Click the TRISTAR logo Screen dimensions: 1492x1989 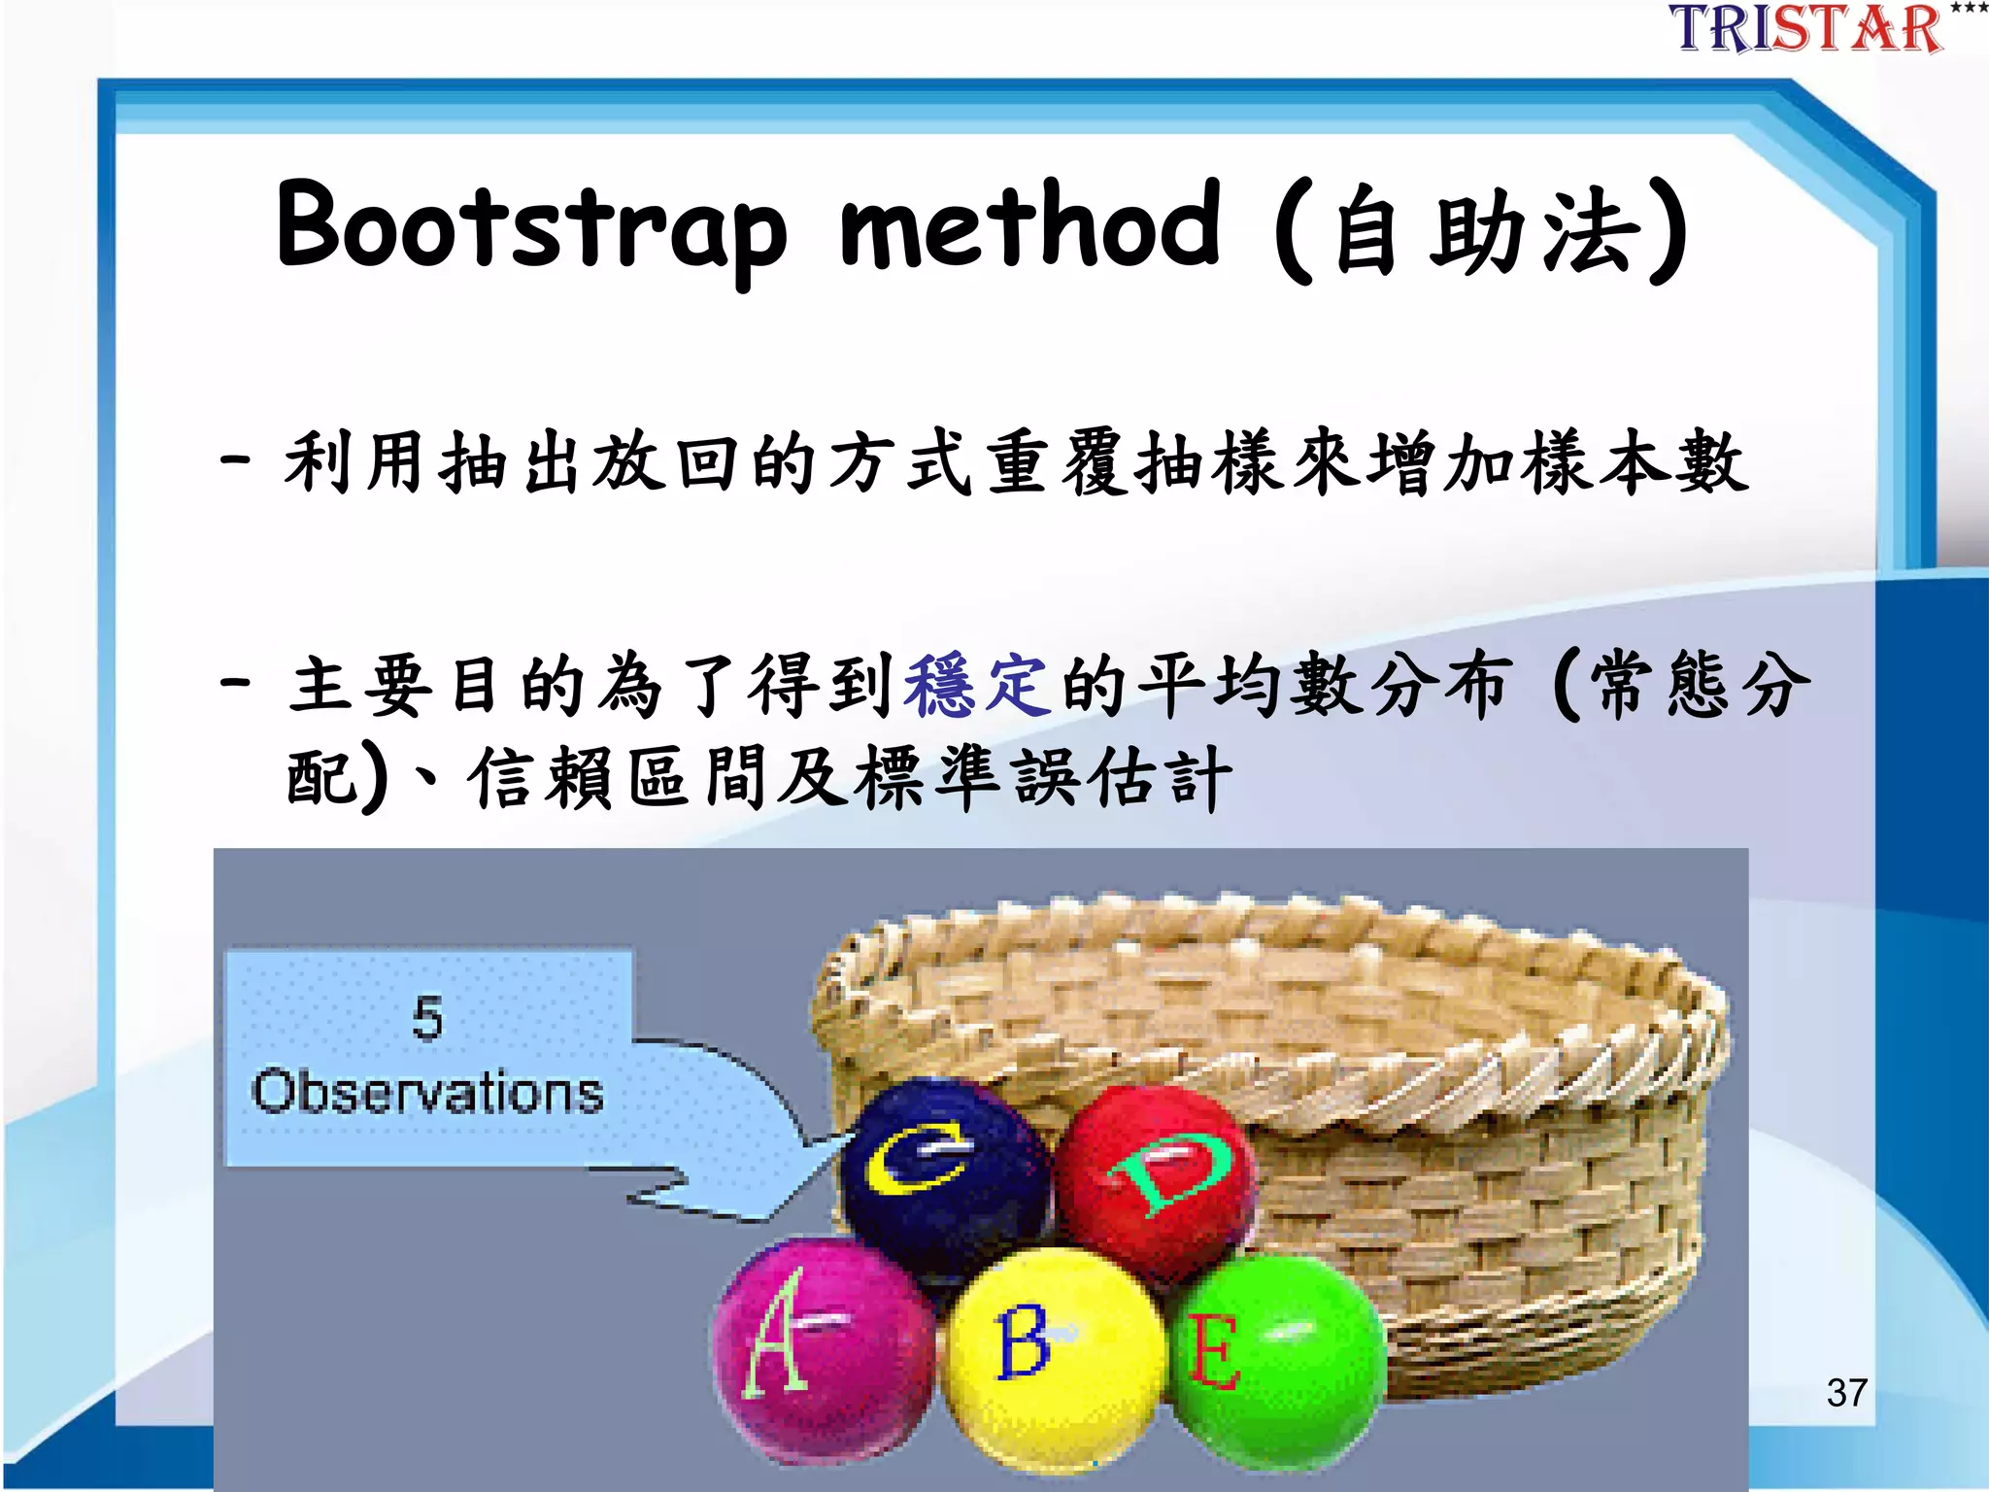point(1806,29)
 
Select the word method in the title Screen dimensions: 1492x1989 point(1030,225)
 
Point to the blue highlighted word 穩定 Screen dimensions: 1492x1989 point(976,686)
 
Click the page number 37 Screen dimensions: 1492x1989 point(1846,1393)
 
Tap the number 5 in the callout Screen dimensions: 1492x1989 point(427,1018)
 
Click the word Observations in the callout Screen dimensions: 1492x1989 point(427,1092)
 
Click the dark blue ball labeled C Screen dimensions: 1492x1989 point(942,1175)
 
